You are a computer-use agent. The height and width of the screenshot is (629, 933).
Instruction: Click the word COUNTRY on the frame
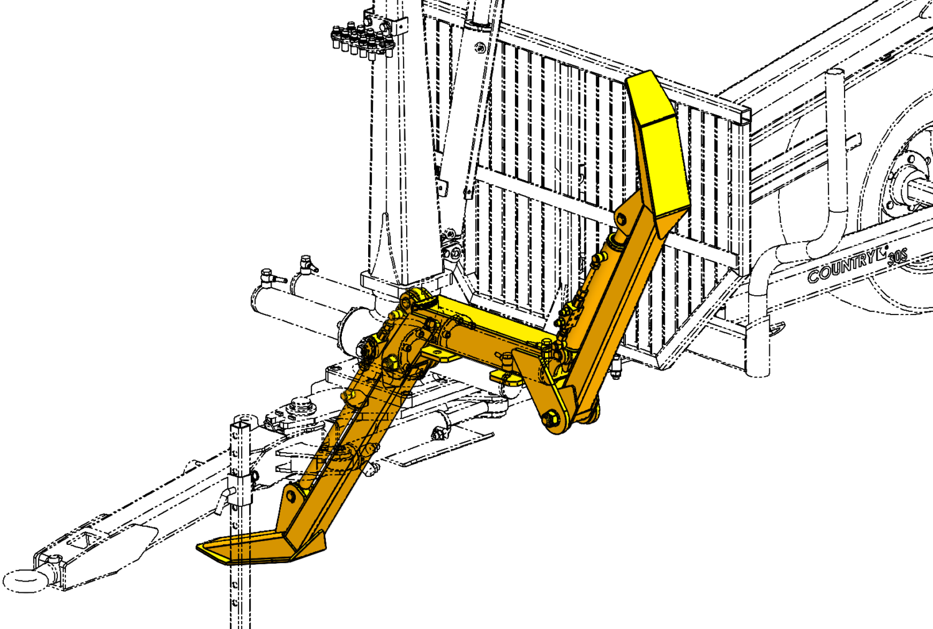coord(843,268)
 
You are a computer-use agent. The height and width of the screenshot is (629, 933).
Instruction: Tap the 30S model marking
coord(897,257)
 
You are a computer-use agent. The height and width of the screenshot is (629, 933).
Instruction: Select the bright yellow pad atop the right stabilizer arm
coord(658,146)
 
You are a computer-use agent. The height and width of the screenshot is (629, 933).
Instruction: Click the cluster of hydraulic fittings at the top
coord(362,40)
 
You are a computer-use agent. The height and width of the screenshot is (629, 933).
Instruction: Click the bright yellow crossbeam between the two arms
coord(496,319)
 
